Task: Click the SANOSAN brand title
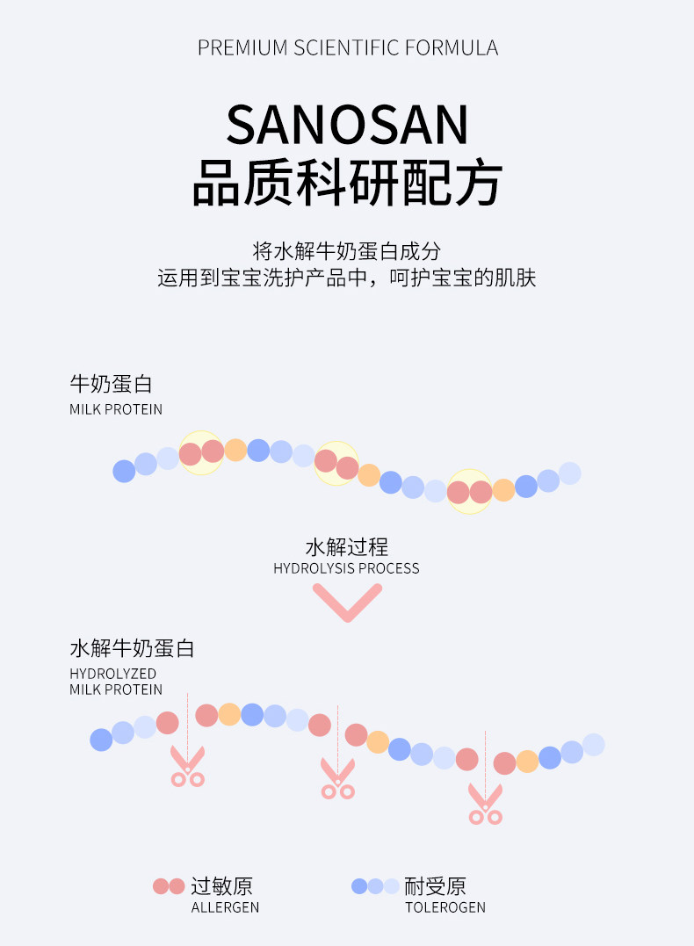[x=347, y=124]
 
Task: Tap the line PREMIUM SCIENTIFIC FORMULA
[x=348, y=47]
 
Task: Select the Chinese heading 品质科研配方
[x=347, y=182]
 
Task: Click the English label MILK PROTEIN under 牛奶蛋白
[x=116, y=409]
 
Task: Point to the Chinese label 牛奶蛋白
[x=112, y=384]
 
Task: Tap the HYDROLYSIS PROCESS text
[x=346, y=568]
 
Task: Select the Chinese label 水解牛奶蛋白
[x=132, y=648]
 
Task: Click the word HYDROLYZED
[x=112, y=674]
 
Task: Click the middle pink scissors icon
[x=338, y=779]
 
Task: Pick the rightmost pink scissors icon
[x=485, y=805]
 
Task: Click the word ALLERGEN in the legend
[x=225, y=907]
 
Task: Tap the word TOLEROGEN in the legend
[x=445, y=907]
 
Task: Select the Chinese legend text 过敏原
[x=222, y=886]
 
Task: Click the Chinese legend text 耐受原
[x=435, y=886]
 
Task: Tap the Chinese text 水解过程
[x=347, y=547]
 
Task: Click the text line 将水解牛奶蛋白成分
[x=347, y=251]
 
